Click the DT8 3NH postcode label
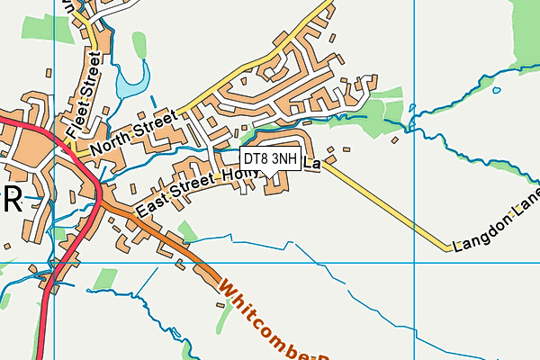pos(271,158)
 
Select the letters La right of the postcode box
pos(311,165)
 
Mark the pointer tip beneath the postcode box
pos(270,175)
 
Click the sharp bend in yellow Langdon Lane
pos(447,248)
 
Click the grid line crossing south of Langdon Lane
pos(415,264)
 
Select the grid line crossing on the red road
pos(56,264)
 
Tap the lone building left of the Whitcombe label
pos(220,306)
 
